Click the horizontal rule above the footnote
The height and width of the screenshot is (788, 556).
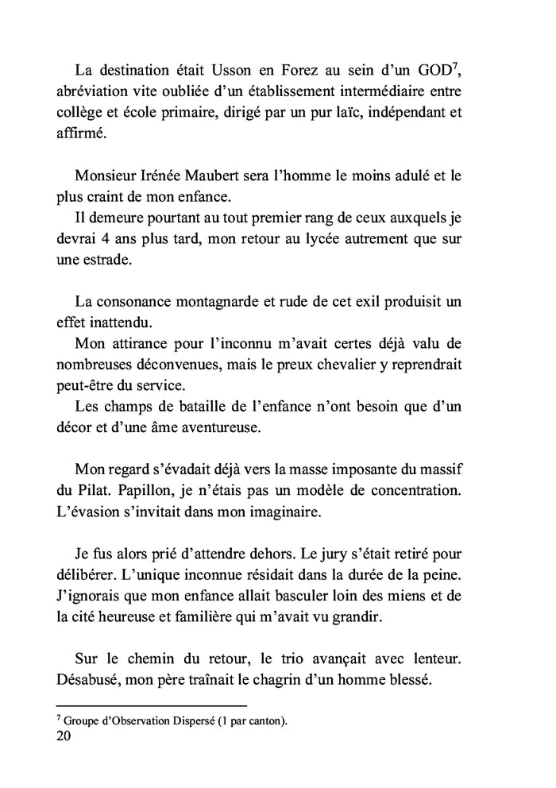coord(152,705)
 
